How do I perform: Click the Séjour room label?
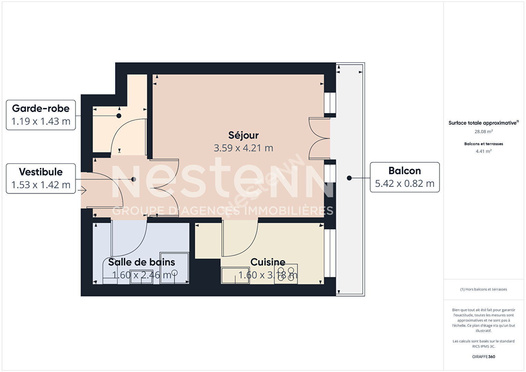[x=243, y=135]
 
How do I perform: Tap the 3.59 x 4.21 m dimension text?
[x=243, y=148]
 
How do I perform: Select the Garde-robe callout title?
[x=41, y=108]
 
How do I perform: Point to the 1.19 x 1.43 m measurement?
[x=41, y=121]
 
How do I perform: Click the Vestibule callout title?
[x=41, y=172]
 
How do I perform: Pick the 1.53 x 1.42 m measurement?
[x=41, y=185]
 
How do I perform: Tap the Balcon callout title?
[x=404, y=171]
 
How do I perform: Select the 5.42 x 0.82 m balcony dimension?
[x=404, y=183]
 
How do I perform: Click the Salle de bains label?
[x=141, y=262]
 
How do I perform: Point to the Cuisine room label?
[x=268, y=262]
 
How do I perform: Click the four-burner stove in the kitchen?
[x=286, y=274]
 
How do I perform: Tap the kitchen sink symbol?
[x=235, y=275]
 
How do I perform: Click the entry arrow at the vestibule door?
[x=82, y=190]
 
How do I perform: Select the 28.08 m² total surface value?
[x=483, y=131]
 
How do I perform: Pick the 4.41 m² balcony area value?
[x=483, y=151]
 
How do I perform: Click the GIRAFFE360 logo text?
[x=483, y=356]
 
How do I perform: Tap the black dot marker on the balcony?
[x=349, y=178]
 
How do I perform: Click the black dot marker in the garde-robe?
[x=119, y=116]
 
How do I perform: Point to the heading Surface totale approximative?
[x=483, y=123]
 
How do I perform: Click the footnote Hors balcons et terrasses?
[x=483, y=289]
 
